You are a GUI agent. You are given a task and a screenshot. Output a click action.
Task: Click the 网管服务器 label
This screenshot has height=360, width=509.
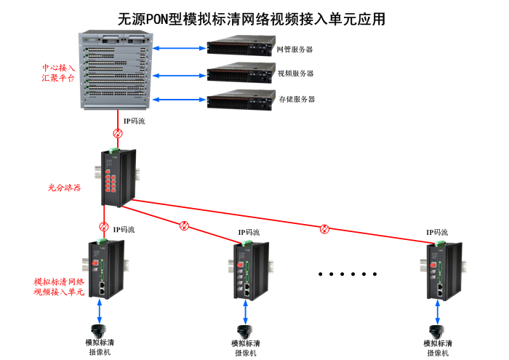295,49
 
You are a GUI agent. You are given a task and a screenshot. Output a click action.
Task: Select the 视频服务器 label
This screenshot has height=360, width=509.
296,73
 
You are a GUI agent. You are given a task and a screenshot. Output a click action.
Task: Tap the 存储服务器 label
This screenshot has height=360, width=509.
297,99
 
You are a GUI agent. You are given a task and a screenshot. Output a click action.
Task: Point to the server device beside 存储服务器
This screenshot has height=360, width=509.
240,99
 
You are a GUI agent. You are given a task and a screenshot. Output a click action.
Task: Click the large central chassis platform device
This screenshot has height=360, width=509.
116,71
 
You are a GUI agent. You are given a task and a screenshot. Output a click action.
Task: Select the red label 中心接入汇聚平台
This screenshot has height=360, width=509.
57,72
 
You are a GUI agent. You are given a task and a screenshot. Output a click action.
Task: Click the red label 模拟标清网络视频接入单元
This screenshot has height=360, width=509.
59,287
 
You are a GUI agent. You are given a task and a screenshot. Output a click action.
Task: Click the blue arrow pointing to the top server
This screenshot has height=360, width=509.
180,49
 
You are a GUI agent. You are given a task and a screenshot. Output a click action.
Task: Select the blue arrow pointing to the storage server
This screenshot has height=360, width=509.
180,98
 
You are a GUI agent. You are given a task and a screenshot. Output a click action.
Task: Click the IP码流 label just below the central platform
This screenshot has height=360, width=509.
134,121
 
